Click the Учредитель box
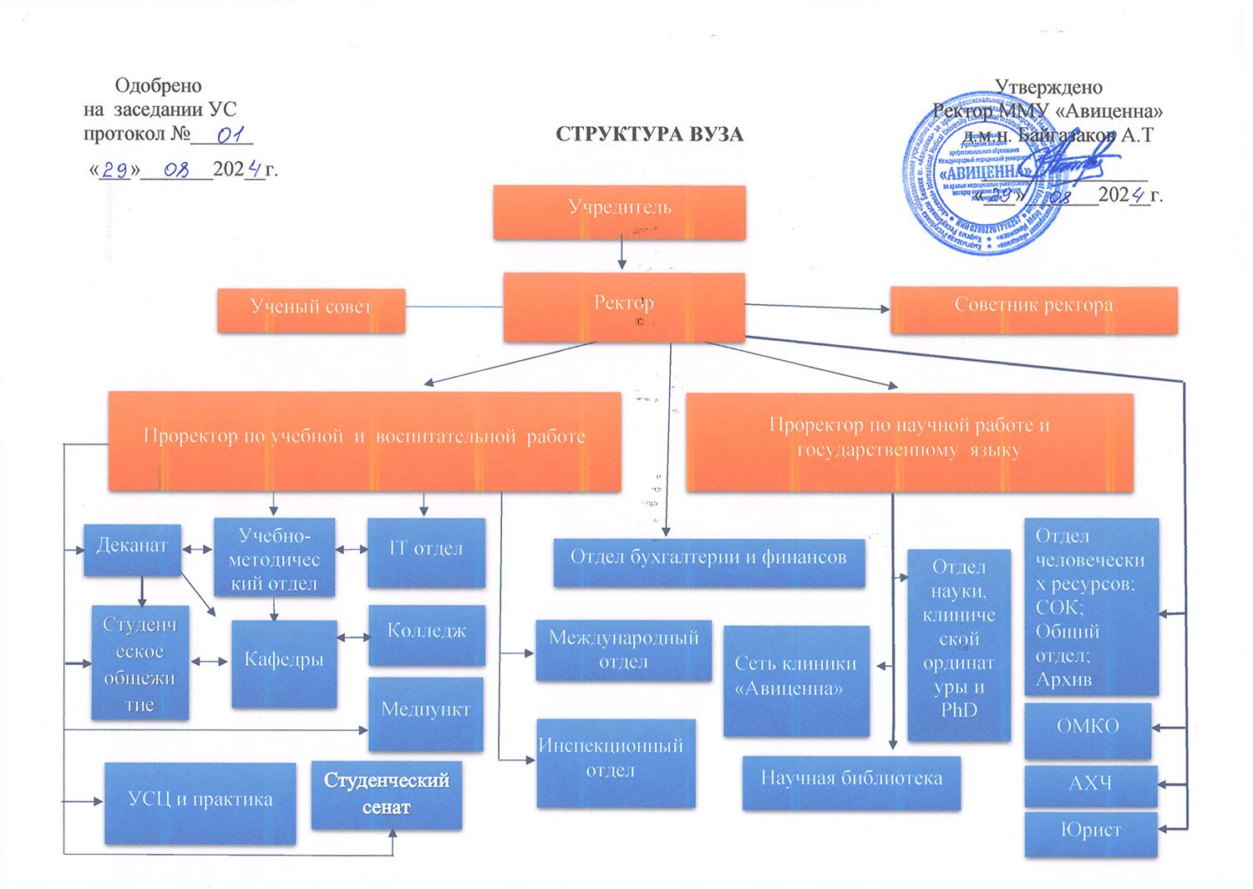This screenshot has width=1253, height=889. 619,212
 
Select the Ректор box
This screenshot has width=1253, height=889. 623,307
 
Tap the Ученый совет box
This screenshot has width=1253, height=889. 311,310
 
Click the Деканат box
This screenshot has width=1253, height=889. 132,549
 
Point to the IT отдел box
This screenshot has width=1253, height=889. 426,552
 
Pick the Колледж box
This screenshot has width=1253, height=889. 426,634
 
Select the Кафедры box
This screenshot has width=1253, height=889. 284,663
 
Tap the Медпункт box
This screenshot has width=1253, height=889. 425,714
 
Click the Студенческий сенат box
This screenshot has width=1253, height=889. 386,794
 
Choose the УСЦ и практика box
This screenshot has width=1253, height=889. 200,802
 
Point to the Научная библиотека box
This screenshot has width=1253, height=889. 851,782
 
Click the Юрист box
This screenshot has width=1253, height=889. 1090,833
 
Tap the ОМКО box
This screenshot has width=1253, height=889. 1087,729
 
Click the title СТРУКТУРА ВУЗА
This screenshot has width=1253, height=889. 649,135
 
